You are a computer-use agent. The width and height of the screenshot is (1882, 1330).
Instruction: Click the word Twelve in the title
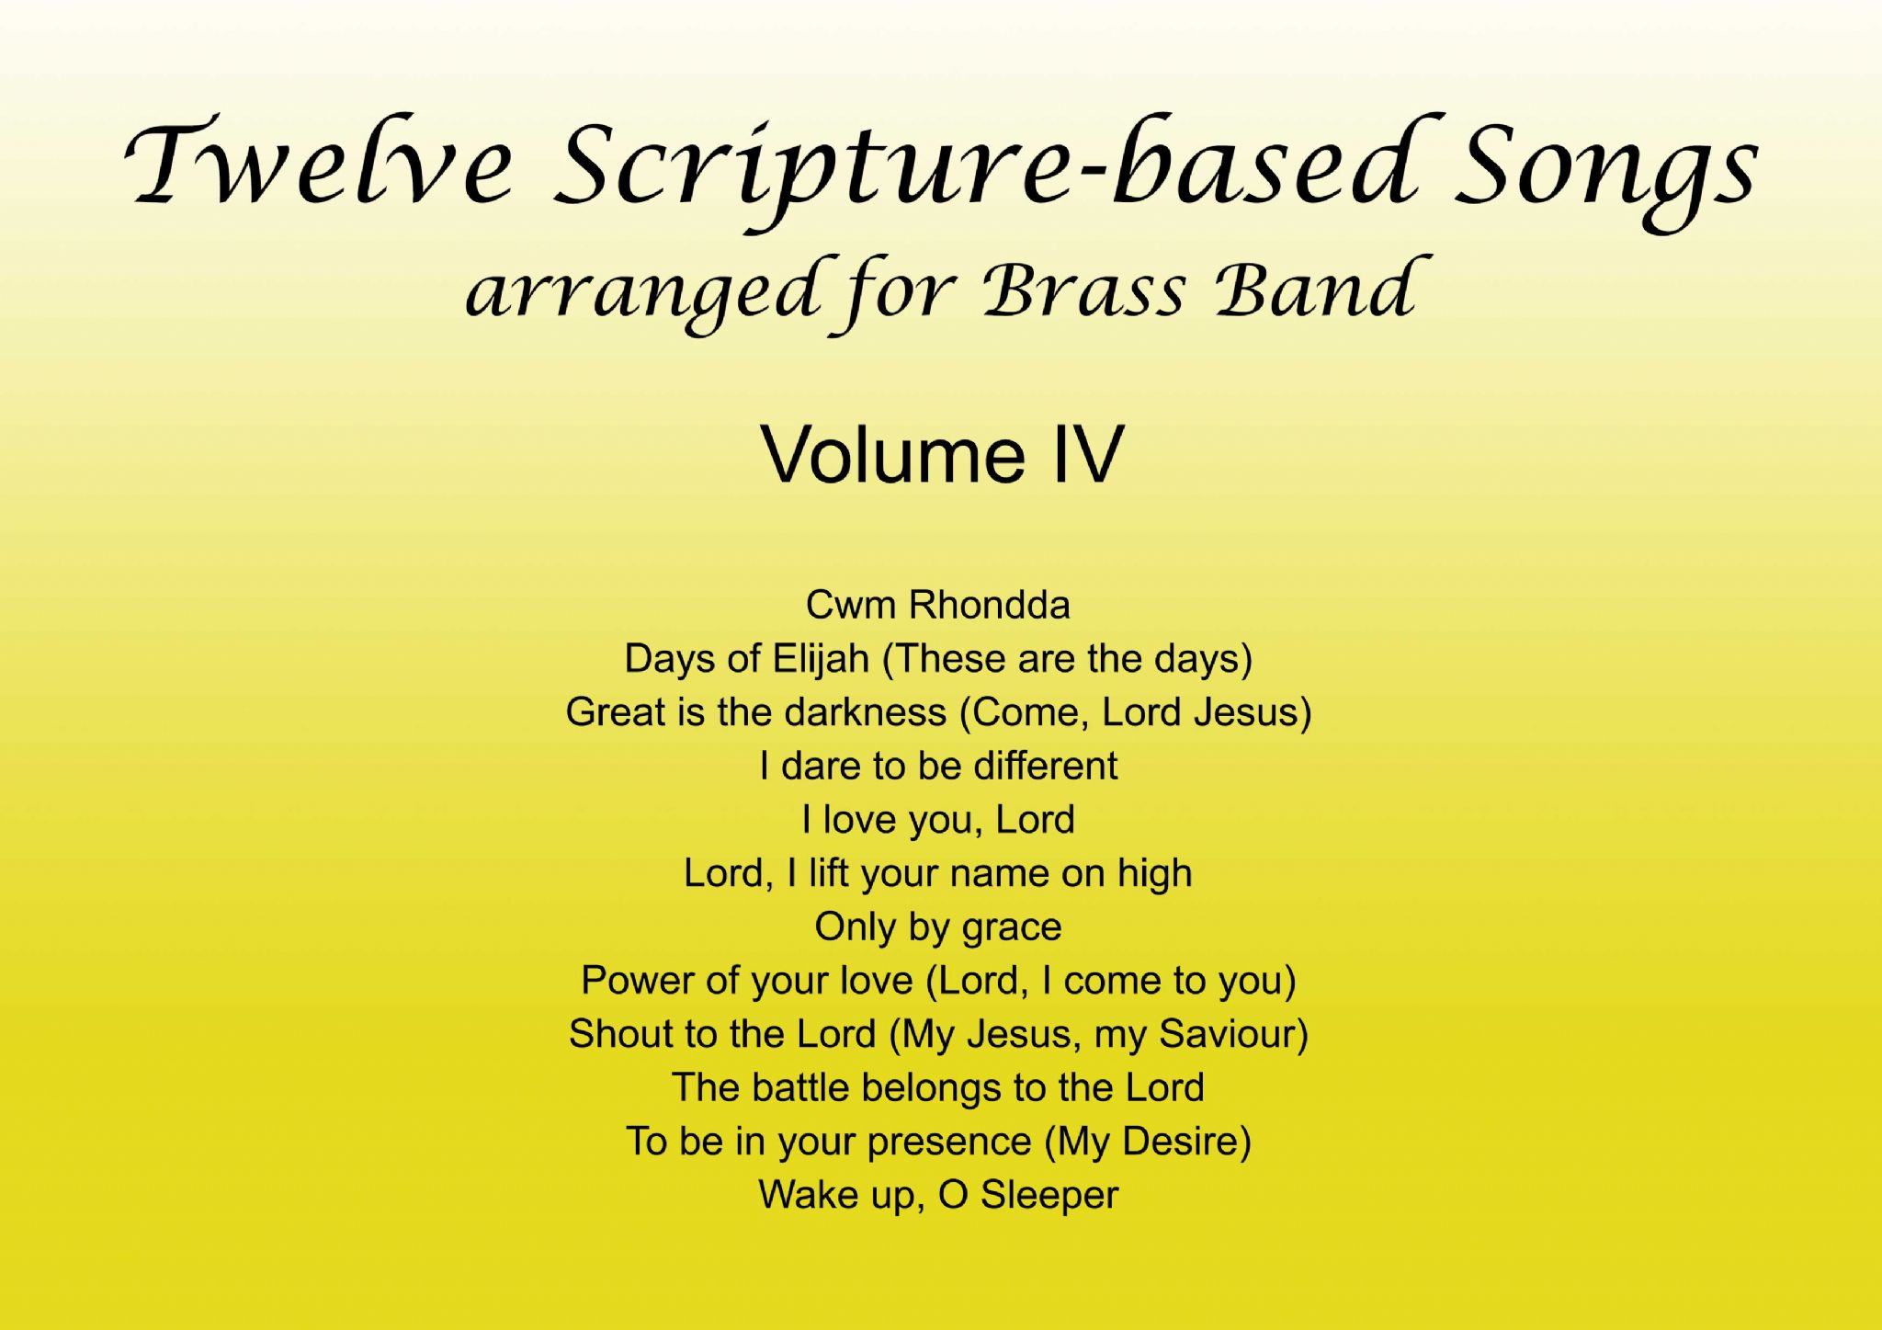coord(317,165)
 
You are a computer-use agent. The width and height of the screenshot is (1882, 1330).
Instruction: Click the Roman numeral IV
coord(1088,454)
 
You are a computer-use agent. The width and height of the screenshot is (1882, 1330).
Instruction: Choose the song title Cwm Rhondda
coord(938,606)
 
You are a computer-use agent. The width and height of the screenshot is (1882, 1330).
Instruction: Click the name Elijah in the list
coord(821,660)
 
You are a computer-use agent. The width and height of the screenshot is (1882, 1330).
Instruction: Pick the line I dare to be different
coord(938,767)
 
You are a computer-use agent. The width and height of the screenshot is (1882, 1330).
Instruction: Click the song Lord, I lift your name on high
coord(938,874)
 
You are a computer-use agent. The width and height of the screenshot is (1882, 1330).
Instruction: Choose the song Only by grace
coord(938,927)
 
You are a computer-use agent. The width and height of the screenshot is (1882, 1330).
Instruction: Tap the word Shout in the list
coord(621,1035)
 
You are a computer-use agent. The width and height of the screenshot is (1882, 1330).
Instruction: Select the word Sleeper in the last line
coord(1049,1196)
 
